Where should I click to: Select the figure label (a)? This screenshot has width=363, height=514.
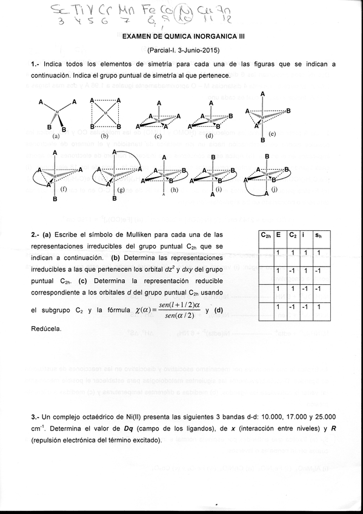point(56,137)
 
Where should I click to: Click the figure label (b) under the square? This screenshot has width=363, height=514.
point(105,137)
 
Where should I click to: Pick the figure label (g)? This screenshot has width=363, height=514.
point(121,189)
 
